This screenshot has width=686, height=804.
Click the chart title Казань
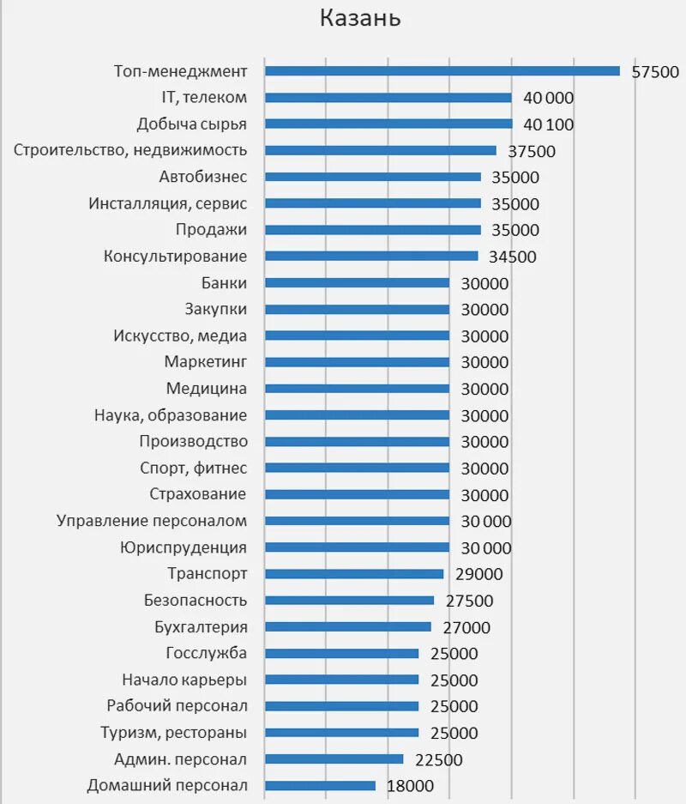360,19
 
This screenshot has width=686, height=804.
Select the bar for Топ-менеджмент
442,71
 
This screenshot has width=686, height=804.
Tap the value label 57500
655,72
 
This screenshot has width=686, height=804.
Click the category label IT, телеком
204,98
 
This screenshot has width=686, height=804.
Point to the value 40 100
548,125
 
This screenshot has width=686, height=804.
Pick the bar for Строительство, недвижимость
380,151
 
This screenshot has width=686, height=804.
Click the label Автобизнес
203,178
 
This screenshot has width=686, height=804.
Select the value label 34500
512,257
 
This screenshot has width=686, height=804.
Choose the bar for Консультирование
370,257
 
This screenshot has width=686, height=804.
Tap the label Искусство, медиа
180,336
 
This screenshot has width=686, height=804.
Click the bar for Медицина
357,389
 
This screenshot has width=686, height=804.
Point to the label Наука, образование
171,415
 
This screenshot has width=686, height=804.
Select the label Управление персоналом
152,521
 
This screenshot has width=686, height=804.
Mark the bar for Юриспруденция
357,547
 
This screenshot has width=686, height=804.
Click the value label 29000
478,575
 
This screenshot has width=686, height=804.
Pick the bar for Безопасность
349,601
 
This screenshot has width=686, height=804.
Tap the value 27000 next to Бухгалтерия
466,628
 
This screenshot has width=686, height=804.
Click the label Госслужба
207,653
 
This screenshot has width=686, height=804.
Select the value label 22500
438,760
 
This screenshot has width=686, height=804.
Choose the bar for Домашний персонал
320,786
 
